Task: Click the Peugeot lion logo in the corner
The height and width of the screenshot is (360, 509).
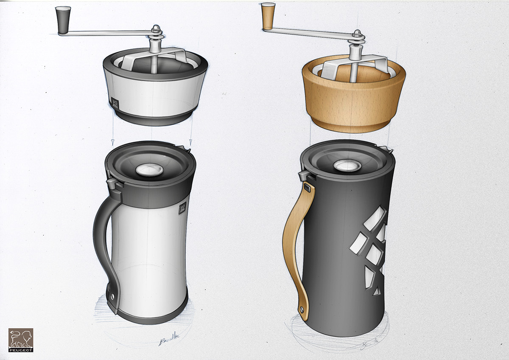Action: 21,340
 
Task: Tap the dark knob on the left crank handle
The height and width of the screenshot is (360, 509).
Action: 62,20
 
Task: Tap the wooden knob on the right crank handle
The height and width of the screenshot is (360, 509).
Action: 268,16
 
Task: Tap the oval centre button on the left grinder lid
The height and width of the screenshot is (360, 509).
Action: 149,170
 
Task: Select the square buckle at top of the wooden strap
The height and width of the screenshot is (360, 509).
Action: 307,187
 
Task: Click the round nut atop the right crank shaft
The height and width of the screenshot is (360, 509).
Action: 357,34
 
